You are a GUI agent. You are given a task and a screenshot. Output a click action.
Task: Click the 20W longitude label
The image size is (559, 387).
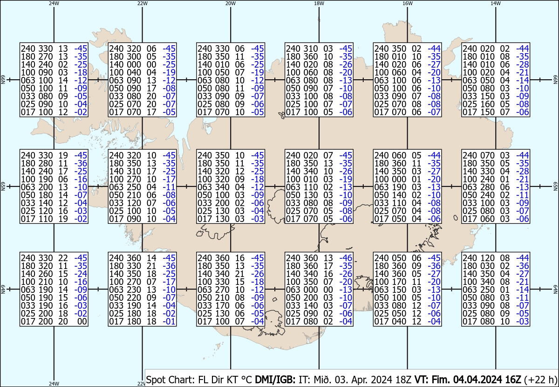tap(230, 3)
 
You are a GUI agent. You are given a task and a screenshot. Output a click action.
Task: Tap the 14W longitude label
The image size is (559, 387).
tap(495, 3)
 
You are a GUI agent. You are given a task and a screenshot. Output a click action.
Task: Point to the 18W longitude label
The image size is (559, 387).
tap(319, 3)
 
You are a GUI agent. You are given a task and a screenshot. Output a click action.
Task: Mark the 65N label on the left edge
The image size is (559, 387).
tap(3, 187)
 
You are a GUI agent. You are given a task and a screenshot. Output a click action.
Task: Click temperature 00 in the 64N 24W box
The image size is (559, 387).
tap(82, 321)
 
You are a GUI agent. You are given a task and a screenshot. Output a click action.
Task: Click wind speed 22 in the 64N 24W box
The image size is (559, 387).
tap(63, 258)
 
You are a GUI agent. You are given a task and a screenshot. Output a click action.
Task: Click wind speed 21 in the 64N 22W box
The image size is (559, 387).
tap(151, 266)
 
